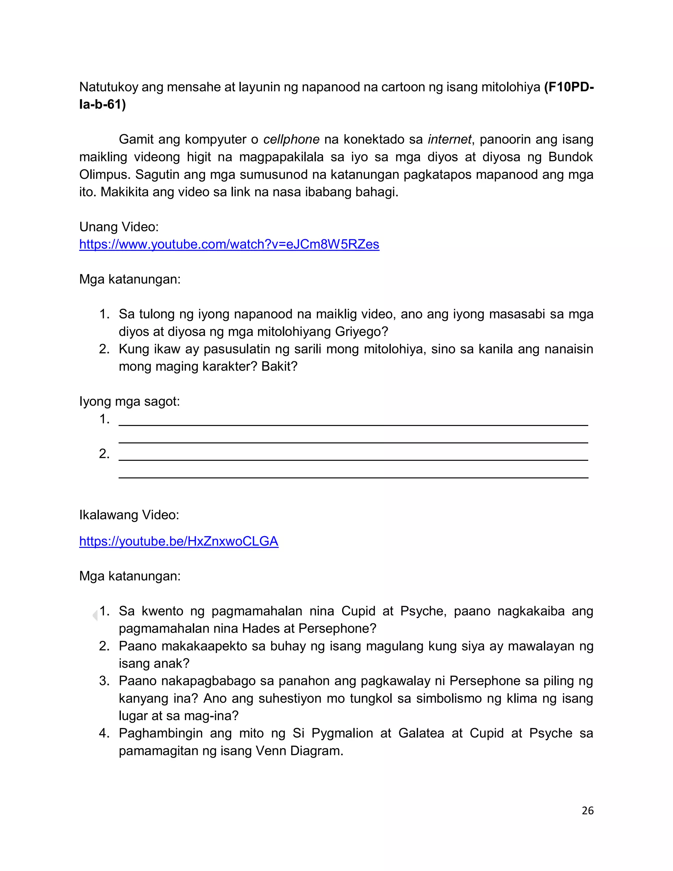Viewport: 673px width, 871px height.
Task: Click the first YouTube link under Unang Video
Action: tap(229, 244)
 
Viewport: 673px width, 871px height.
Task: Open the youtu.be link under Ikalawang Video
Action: tap(179, 541)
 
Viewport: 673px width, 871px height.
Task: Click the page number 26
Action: tap(587, 811)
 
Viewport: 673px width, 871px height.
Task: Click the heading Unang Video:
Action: tap(119, 226)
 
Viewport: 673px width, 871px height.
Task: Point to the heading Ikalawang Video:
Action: tap(129, 515)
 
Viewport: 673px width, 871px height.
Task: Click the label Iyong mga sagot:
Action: tap(129, 401)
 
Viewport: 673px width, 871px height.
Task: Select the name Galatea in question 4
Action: tap(421, 733)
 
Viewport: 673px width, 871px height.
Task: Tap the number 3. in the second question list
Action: tap(104, 681)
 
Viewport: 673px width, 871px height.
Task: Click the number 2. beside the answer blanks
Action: tap(104, 454)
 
